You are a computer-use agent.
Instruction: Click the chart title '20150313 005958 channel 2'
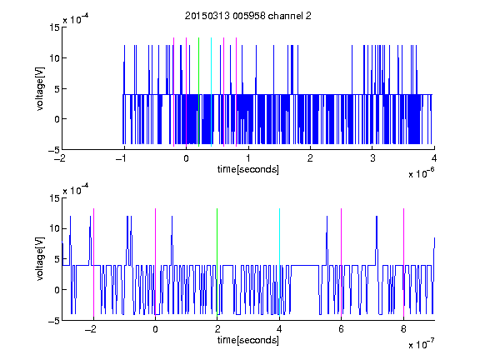tap(248, 16)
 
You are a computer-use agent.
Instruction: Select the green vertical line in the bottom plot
tap(217, 262)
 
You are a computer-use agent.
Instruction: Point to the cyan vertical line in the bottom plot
tap(279, 262)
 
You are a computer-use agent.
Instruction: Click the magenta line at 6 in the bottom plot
tap(342, 262)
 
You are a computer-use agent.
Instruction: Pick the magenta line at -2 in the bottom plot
tap(93, 262)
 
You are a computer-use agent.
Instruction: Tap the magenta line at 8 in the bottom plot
tap(404, 262)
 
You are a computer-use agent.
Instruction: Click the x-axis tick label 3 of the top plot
tap(372, 158)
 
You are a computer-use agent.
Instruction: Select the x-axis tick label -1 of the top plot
tap(122, 158)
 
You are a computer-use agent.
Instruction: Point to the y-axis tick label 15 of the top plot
tap(54, 27)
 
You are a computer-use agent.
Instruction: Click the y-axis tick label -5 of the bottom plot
tap(54, 321)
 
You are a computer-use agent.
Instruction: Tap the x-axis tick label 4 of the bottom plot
tap(279, 329)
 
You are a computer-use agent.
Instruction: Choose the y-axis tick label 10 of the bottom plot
tap(54, 228)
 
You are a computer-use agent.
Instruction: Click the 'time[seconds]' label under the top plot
tap(248, 169)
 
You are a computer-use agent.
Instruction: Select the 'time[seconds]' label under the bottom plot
tap(248, 340)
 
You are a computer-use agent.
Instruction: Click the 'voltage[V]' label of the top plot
tap(40, 89)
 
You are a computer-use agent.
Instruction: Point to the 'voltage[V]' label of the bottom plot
tap(40, 259)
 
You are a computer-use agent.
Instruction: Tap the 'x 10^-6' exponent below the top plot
tap(421, 173)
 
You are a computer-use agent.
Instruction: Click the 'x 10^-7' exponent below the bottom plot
tap(421, 344)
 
